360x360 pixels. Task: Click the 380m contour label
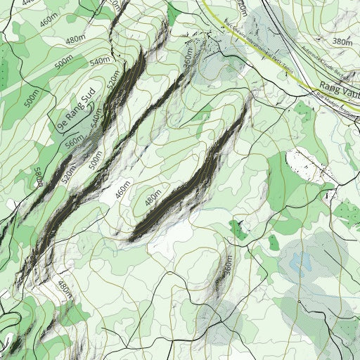coord(342,42)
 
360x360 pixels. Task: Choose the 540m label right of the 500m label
coord(101,61)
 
